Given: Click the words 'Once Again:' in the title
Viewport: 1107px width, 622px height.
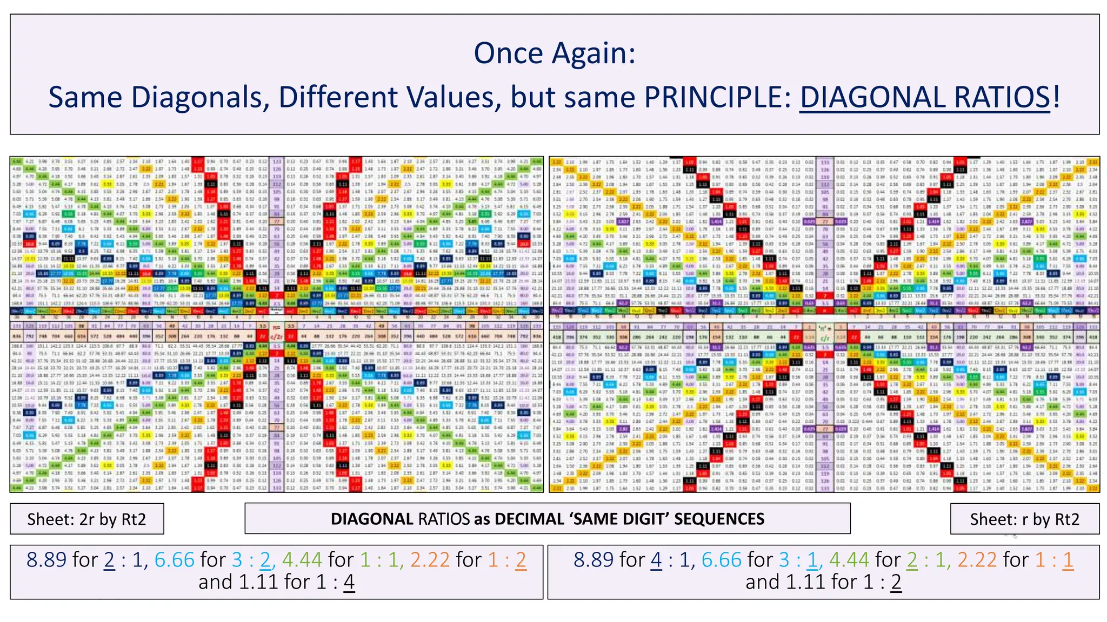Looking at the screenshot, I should pos(554,53).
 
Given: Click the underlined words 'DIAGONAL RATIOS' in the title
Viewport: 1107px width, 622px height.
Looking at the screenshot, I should pos(924,97).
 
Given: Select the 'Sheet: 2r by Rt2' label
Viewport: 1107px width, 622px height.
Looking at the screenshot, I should pos(86,519).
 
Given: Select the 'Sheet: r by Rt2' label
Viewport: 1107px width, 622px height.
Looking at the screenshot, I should pos(1024,519).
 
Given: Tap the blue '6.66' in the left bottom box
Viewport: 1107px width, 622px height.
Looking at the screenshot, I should pos(174,560).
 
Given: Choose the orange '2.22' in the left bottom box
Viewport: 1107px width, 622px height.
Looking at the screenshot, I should pos(430,560).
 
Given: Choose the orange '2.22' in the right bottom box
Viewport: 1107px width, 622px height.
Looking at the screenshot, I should pos(977,560).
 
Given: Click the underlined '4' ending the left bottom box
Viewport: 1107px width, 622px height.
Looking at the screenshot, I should pos(349,582).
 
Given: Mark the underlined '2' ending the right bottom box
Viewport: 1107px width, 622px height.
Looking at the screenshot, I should pos(896,582).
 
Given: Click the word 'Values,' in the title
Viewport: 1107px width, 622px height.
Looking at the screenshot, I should pos(455,97).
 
